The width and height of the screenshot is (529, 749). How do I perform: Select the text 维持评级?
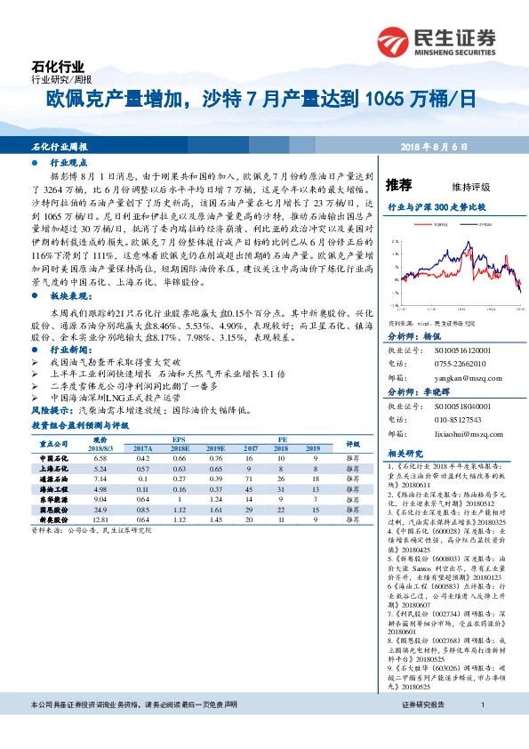click(470, 187)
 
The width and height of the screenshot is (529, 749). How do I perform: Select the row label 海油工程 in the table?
click(54, 488)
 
